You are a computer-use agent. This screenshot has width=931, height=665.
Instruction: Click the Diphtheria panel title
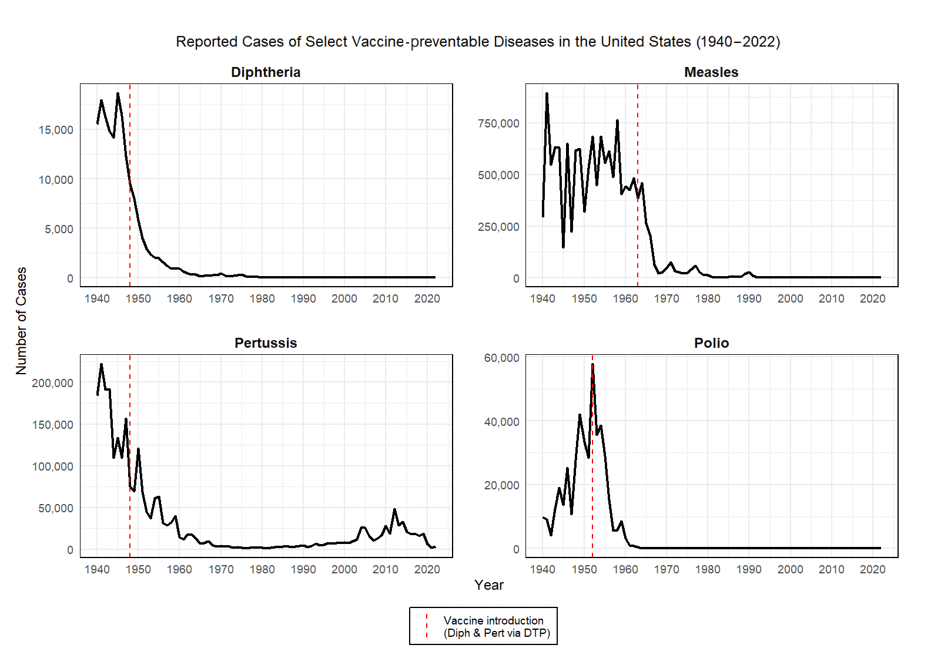(x=266, y=72)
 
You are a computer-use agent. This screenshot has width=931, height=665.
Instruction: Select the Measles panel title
(x=711, y=72)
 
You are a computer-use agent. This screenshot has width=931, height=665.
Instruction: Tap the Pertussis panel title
(x=266, y=343)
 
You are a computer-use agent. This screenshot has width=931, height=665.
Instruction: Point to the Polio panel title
(x=711, y=343)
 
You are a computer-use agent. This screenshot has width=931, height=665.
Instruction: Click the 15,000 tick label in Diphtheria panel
(x=56, y=130)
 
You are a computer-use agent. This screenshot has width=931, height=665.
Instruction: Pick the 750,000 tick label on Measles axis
(x=498, y=123)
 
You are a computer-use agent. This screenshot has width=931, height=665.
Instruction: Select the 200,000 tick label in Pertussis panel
(x=52, y=383)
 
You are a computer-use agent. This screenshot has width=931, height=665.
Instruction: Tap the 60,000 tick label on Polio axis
(x=501, y=358)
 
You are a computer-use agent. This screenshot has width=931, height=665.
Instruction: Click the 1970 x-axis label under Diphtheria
(x=221, y=298)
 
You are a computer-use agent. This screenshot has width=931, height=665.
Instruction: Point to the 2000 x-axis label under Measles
(x=790, y=298)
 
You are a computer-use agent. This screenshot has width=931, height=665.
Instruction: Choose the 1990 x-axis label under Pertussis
(x=303, y=569)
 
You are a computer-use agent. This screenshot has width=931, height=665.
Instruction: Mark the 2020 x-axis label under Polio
(x=872, y=569)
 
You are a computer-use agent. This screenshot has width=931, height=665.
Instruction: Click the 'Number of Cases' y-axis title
(x=21, y=321)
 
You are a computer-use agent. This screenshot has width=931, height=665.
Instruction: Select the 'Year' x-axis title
(x=489, y=585)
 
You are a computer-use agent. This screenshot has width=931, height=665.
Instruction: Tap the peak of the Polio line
(x=592, y=365)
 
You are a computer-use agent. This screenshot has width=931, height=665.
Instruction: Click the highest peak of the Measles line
(x=547, y=94)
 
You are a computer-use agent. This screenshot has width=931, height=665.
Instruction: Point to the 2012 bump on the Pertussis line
(x=394, y=510)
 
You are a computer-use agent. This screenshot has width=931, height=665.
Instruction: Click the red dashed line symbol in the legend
(x=427, y=626)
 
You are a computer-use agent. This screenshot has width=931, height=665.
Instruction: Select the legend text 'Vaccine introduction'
(x=493, y=620)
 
